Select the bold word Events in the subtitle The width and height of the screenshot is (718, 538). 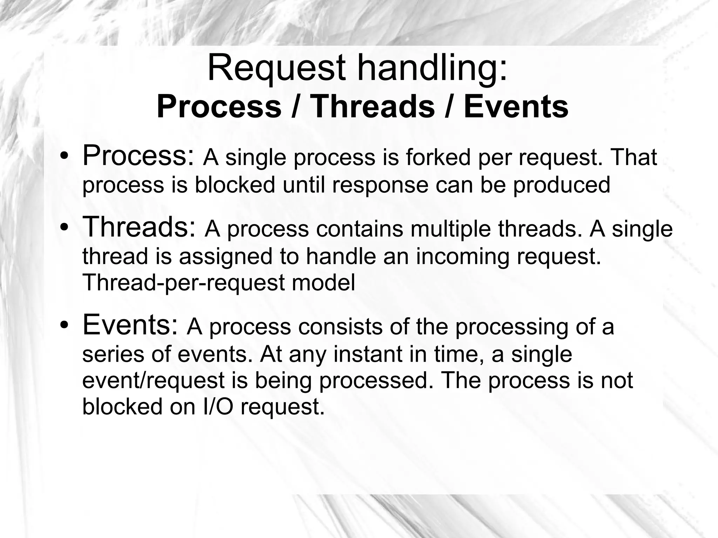[516, 107]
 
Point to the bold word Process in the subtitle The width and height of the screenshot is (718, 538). [219, 107]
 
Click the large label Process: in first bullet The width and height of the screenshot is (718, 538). [138, 156]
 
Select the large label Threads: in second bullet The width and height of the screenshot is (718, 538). [139, 227]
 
